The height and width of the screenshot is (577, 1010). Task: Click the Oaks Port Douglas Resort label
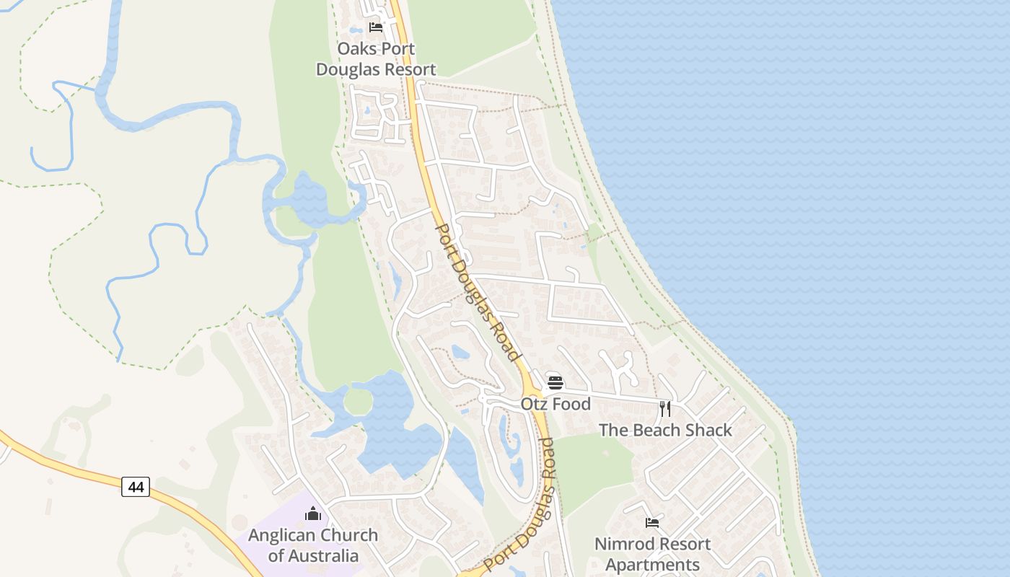click(376, 60)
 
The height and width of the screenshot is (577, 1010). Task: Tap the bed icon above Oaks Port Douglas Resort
click(376, 28)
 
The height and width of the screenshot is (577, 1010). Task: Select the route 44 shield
click(136, 488)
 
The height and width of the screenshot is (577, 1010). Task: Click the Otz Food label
click(555, 404)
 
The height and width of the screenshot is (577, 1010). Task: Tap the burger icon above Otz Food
click(555, 383)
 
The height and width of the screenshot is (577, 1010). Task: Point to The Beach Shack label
click(665, 430)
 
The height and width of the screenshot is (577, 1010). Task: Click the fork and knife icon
click(665, 409)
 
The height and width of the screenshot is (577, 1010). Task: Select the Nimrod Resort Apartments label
click(652, 554)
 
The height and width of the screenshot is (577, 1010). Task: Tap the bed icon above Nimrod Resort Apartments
click(652, 523)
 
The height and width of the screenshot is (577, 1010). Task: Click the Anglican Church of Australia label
click(313, 545)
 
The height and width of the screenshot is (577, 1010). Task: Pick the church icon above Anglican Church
click(313, 514)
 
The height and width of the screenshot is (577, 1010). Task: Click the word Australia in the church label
click(313, 556)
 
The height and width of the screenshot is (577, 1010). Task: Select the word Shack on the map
click(708, 430)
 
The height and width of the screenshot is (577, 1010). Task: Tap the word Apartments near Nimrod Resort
click(652, 565)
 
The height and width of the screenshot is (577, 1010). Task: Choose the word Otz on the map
click(533, 404)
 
